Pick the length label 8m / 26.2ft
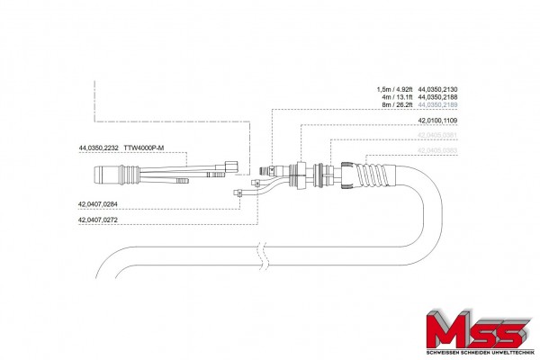[398, 105]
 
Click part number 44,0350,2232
[98, 147]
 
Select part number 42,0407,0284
[98, 206]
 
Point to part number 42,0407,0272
[98, 220]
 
